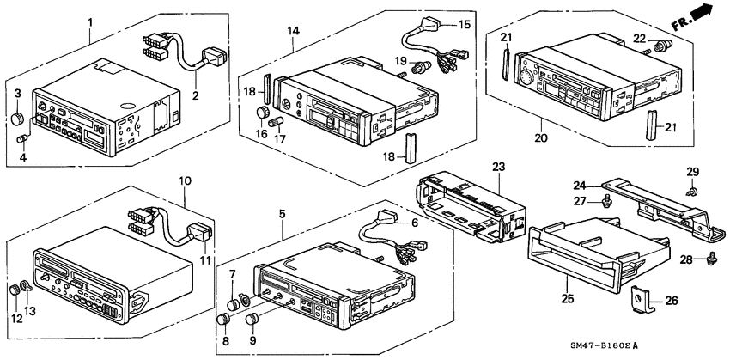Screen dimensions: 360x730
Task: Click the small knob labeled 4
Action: pyautogui.click(x=23, y=139)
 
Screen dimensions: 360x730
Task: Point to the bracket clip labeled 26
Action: pyautogui.click(x=640, y=300)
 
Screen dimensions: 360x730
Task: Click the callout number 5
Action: pyautogui.click(x=283, y=210)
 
